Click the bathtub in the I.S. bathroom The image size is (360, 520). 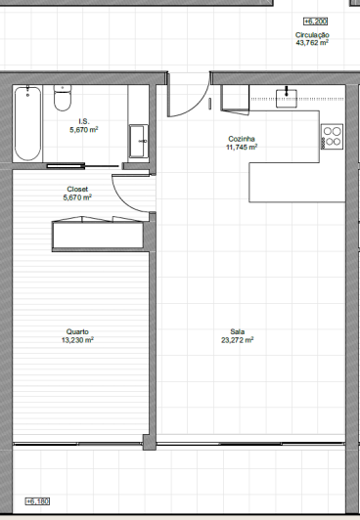pos(28,123)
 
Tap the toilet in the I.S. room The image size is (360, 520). pos(63,99)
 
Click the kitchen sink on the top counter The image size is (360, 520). pos(287,95)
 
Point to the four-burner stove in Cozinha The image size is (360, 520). pos(332,137)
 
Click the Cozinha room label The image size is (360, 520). pos(242,140)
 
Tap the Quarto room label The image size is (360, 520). pos(77,331)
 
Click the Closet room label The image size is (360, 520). pos(77,189)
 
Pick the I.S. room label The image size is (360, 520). pos(83,120)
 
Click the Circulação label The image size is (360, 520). pos(312,34)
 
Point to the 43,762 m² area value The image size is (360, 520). pos(312,43)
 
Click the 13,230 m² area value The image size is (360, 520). pos(77,340)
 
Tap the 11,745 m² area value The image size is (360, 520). pos(242,149)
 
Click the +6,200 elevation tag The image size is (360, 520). pos(315,21)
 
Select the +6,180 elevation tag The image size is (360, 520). pos(36,501)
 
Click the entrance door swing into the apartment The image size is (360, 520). pos(187,97)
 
